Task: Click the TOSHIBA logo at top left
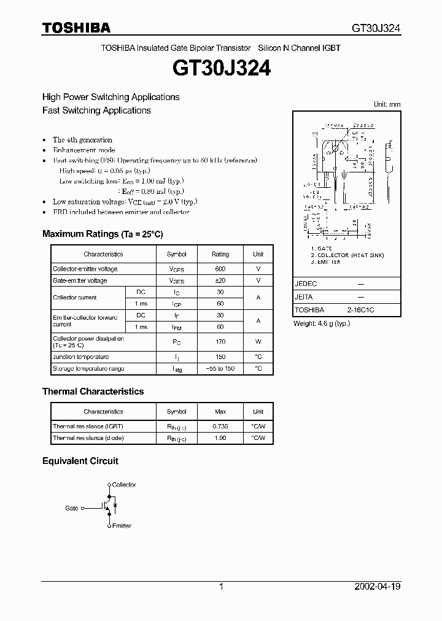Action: (x=76, y=28)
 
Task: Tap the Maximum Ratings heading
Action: (x=103, y=234)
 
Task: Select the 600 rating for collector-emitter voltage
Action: (x=220, y=269)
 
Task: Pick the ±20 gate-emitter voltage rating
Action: (x=220, y=280)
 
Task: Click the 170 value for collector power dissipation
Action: (x=220, y=342)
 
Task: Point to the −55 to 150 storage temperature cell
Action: (x=220, y=369)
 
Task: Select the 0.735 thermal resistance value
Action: (x=220, y=426)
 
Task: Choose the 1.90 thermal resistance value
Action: (x=220, y=438)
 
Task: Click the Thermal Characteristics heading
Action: (x=93, y=391)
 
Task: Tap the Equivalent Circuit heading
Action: (x=80, y=461)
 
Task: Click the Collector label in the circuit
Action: (x=124, y=485)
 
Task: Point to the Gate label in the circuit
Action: (x=72, y=508)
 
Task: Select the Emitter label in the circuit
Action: (x=122, y=526)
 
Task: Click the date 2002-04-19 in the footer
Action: (x=378, y=587)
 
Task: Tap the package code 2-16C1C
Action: (x=360, y=310)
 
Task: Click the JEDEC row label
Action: (x=306, y=284)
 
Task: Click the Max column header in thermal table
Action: (x=220, y=412)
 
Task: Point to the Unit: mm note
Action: (x=387, y=105)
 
